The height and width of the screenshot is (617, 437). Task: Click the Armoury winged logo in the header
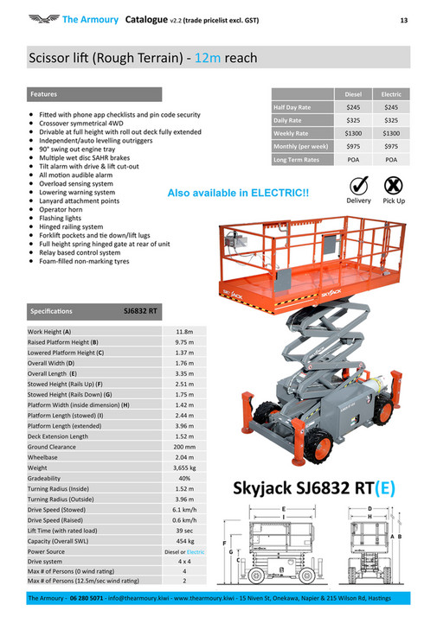[42, 18]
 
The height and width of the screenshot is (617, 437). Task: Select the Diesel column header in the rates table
[353, 93]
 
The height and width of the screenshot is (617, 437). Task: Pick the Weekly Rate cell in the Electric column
[391, 133]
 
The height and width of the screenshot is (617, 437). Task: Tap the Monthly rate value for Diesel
[353, 147]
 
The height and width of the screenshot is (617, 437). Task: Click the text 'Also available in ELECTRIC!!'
[237, 193]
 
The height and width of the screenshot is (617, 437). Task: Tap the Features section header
[44, 93]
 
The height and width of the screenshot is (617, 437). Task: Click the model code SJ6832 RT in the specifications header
[140, 309]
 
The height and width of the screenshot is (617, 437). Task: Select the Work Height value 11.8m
[184, 331]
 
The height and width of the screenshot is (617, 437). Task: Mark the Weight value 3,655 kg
[184, 468]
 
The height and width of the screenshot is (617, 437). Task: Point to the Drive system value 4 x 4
[184, 561]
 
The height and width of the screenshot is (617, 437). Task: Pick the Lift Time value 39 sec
[184, 530]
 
